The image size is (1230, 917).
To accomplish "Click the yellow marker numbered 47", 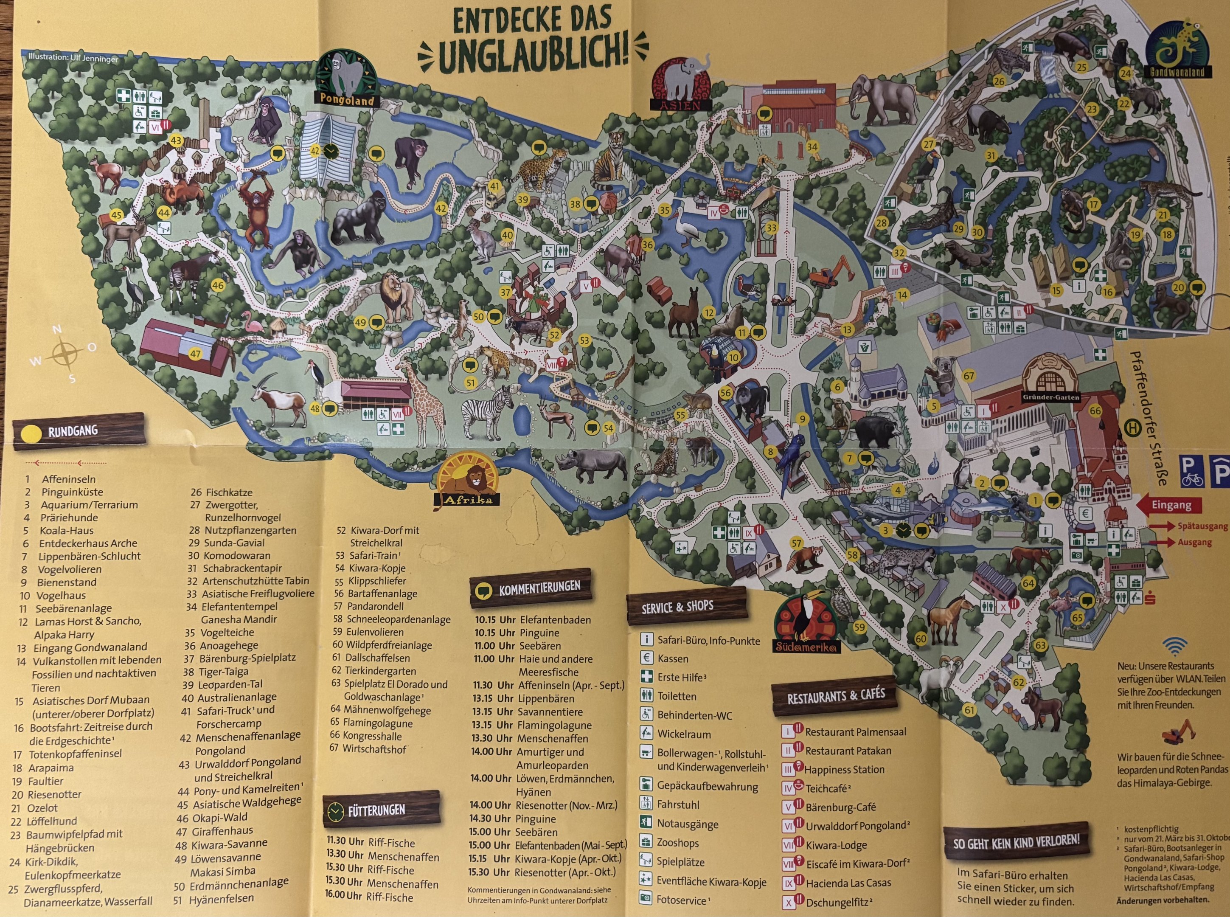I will pyautogui.click(x=195, y=354).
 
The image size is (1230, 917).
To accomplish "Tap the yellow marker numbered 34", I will pyautogui.click(x=812, y=147).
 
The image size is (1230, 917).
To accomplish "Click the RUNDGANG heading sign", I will pyautogui.click(x=79, y=430).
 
